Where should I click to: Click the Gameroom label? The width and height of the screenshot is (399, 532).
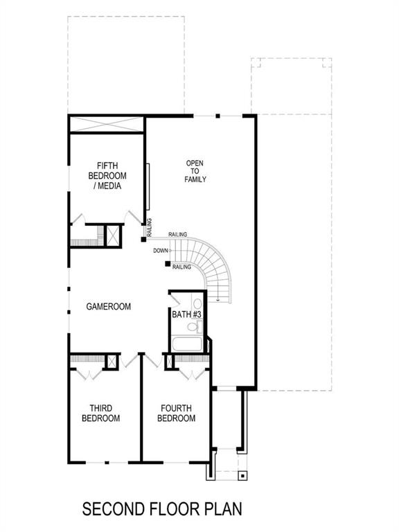[109, 306]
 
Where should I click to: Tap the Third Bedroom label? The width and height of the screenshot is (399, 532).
[100, 414]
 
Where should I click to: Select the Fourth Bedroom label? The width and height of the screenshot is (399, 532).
[176, 414]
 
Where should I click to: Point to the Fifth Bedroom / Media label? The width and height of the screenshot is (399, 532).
[107, 175]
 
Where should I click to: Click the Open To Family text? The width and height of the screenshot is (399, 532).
[195, 171]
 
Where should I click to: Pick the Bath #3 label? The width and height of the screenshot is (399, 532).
[186, 315]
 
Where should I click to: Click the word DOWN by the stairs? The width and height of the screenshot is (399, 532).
[161, 250]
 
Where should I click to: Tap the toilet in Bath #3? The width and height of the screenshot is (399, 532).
[197, 303]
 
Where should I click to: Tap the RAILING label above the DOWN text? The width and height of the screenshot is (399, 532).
[178, 235]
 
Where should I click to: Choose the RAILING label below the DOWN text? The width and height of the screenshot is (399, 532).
[181, 267]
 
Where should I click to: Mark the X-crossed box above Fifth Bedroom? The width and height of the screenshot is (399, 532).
[107, 126]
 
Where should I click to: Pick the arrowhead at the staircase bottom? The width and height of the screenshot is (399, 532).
[219, 299]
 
